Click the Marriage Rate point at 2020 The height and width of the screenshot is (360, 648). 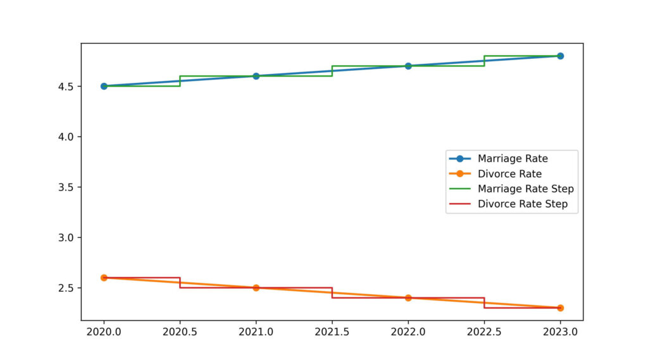pyautogui.click(x=104, y=86)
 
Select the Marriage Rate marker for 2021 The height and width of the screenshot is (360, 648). pyautogui.click(x=256, y=76)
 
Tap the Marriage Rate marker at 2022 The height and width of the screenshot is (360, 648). pyautogui.click(x=408, y=66)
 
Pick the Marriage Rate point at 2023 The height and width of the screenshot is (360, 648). pyautogui.click(x=560, y=56)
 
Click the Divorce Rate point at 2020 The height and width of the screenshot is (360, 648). pyautogui.click(x=104, y=278)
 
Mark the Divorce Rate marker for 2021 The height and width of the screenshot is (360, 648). pyautogui.click(x=256, y=288)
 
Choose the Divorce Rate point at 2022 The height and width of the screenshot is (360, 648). pyautogui.click(x=408, y=298)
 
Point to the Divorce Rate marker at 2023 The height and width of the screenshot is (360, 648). pyautogui.click(x=560, y=308)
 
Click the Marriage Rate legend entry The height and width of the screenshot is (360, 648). pyautogui.click(x=513, y=158)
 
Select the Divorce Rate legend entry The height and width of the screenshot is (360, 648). pyautogui.click(x=509, y=173)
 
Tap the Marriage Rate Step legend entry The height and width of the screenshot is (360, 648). pyautogui.click(x=525, y=189)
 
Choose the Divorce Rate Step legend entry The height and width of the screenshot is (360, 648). pyautogui.click(x=523, y=204)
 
